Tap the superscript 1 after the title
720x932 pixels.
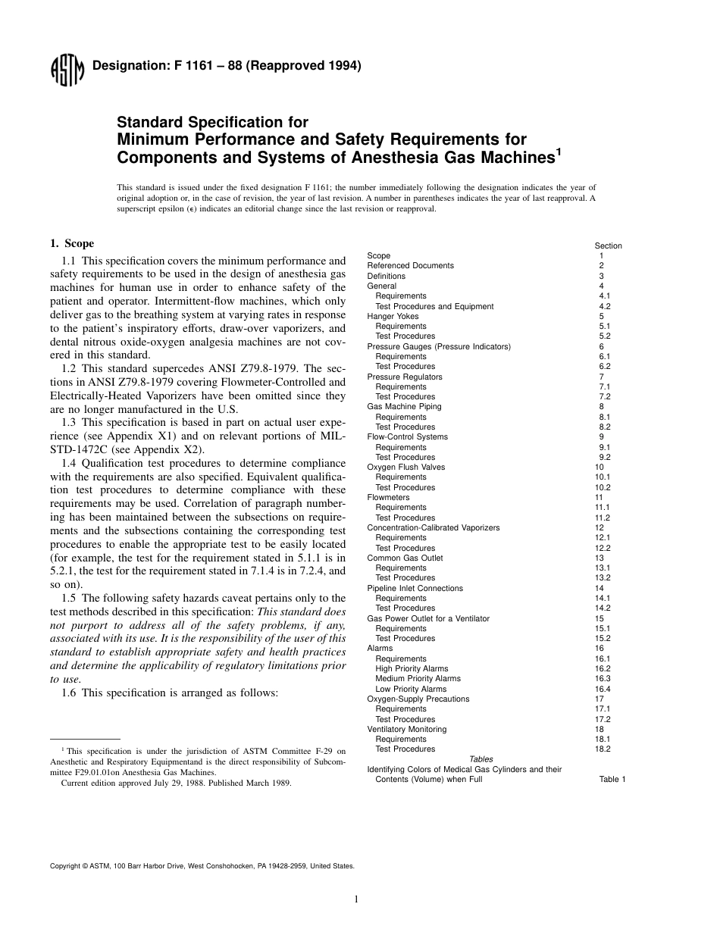coord(559,151)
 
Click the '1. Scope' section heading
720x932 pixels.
coord(72,243)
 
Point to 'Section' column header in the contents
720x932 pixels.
coord(608,246)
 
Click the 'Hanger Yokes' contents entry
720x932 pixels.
coord(393,316)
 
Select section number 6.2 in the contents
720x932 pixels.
coord(604,366)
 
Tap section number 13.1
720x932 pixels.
coord(604,568)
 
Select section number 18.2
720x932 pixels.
coord(604,749)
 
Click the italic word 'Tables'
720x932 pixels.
coord(481,758)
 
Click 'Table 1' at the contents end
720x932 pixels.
coord(612,779)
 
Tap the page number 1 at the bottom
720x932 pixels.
coord(355,899)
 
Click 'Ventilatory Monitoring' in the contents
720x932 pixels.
coord(406,729)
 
